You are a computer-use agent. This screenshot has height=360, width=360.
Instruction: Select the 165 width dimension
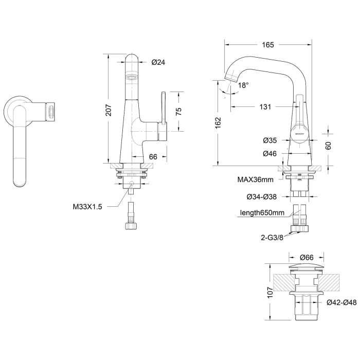point(267,45)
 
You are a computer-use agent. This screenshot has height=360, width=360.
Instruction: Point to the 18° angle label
point(243,85)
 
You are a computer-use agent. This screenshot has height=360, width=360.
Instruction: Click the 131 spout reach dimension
point(265,107)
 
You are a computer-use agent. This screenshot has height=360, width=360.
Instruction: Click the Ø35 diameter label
point(270,139)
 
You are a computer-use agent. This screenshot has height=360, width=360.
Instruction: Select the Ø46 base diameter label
point(270,153)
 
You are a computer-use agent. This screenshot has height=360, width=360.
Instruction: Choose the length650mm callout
point(262,213)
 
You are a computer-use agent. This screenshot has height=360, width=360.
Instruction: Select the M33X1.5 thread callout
point(87,207)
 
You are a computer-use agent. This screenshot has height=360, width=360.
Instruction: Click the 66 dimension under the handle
point(153,156)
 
